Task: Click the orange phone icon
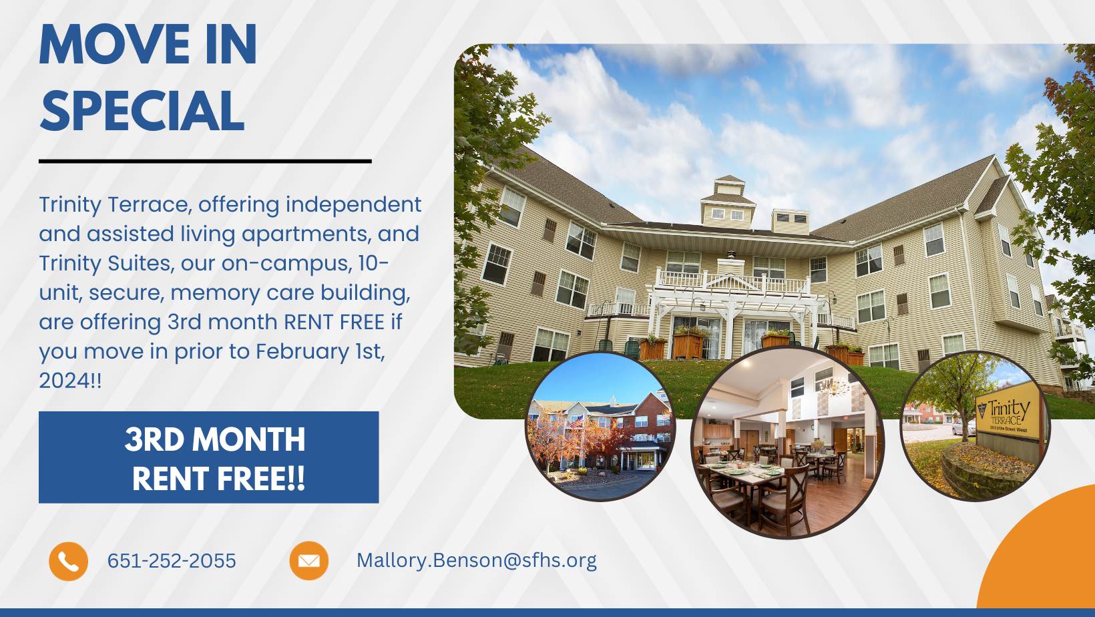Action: tap(68, 562)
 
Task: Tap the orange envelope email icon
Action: tap(309, 561)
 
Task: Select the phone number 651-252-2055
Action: tap(172, 561)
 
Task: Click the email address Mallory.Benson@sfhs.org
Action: tap(477, 561)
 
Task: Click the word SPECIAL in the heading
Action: tap(142, 111)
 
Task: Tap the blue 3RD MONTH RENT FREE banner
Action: tap(209, 457)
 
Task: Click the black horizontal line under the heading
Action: tap(206, 161)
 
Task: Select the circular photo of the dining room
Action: tap(787, 443)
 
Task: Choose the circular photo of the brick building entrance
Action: tap(600, 426)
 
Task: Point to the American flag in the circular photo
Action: tap(576, 421)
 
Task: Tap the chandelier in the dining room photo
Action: tap(834, 388)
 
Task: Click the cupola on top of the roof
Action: tap(728, 202)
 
